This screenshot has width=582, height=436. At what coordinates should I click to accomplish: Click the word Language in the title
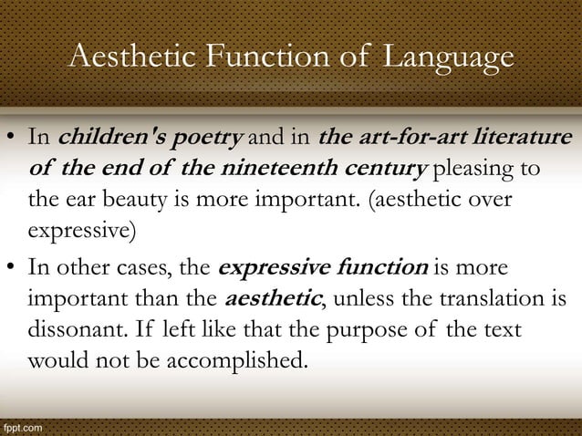coord(447,58)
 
